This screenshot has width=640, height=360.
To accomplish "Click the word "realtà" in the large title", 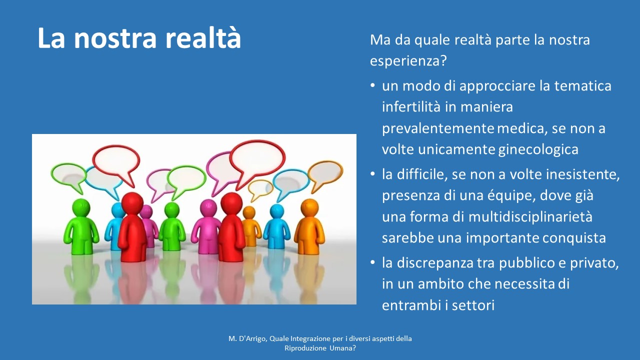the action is tap(203, 37).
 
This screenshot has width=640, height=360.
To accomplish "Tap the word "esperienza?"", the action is tap(408, 61).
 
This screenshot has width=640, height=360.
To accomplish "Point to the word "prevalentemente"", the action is tap(438, 128).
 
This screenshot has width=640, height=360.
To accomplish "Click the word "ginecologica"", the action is tap(538, 149).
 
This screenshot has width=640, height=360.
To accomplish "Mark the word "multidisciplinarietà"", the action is tap(530, 217).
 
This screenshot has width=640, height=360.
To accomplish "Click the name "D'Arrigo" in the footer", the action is tap(253, 339).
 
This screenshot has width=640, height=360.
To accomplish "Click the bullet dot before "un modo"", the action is tap(372, 85).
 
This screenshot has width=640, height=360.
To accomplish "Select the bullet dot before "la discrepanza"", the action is tap(372, 262).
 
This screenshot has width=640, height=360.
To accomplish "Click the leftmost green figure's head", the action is tap(81, 207).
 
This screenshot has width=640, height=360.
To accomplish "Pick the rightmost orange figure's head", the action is tap(309, 207).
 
